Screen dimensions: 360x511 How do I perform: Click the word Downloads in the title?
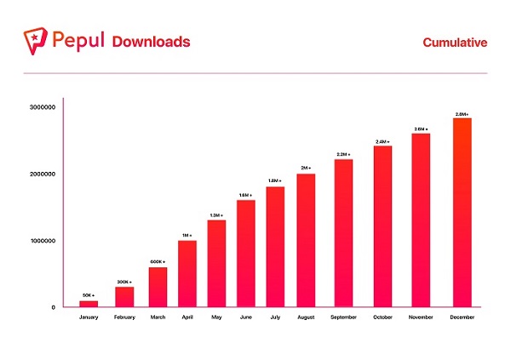(151, 42)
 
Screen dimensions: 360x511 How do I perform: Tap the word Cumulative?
(455, 42)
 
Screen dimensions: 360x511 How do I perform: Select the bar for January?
(89, 304)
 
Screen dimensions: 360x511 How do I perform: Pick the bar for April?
(187, 273)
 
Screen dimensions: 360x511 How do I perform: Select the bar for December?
(462, 212)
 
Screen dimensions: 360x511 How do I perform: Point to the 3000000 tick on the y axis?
(42, 108)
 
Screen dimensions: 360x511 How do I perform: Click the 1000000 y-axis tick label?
(42, 241)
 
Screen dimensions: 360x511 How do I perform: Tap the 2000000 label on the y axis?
(42, 174)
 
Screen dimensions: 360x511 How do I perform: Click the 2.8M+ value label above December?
(462, 114)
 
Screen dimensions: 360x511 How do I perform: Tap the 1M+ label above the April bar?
(187, 235)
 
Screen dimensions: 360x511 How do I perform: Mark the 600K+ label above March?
(157, 261)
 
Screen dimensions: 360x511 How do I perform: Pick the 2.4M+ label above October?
(382, 141)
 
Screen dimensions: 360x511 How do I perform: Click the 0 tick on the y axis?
(54, 307)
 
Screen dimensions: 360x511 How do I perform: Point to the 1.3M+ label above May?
(216, 214)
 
